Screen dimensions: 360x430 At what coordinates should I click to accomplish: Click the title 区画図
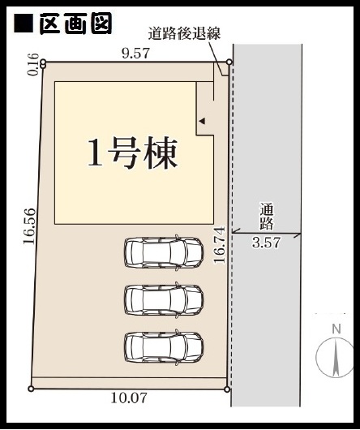coord(75,24)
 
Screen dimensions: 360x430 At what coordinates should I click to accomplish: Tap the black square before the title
coord(24,24)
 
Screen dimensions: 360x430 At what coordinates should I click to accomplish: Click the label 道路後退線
coord(184,34)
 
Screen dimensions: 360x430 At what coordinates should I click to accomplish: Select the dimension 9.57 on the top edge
coord(136,54)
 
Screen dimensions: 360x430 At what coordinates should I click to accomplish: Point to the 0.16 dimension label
coord(32,64)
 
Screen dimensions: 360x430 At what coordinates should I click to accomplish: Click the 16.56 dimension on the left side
coord(29,226)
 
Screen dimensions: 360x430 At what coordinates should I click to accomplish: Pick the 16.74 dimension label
coord(220,245)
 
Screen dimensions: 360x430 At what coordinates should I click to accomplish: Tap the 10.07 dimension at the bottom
coord(129,398)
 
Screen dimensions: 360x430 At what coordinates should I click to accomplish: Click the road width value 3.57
coord(266,243)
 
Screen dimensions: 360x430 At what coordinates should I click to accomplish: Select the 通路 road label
coord(267,217)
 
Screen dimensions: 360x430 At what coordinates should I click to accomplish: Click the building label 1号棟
coord(133,153)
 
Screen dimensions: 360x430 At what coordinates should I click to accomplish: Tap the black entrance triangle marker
coord(202,121)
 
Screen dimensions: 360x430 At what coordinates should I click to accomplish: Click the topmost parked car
coord(164,252)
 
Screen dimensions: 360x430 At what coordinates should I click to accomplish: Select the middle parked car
coord(164,299)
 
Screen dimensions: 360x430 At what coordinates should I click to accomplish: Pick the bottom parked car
coord(164,347)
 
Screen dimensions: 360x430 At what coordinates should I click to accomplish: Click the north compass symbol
coord(335,357)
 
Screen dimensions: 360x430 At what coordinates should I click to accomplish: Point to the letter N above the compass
coord(336,329)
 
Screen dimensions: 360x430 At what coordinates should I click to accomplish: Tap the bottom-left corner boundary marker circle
coord(31,389)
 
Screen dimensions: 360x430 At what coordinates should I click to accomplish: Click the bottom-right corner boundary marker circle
coord(227,389)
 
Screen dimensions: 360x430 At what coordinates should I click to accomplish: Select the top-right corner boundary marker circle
coord(229,62)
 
